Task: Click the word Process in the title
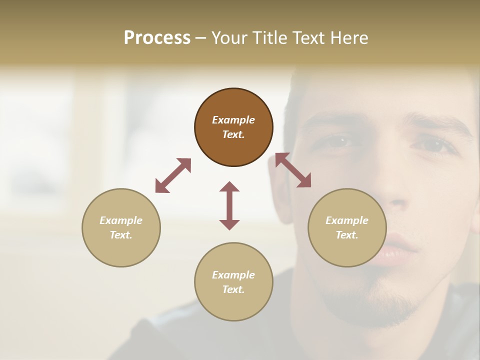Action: [157, 38]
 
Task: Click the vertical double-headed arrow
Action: [229, 205]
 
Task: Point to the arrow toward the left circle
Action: [173, 175]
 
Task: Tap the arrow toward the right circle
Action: [293, 170]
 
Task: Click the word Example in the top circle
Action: [233, 120]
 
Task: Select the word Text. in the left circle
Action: [121, 235]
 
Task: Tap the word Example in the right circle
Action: [347, 220]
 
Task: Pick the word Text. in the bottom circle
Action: [233, 289]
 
